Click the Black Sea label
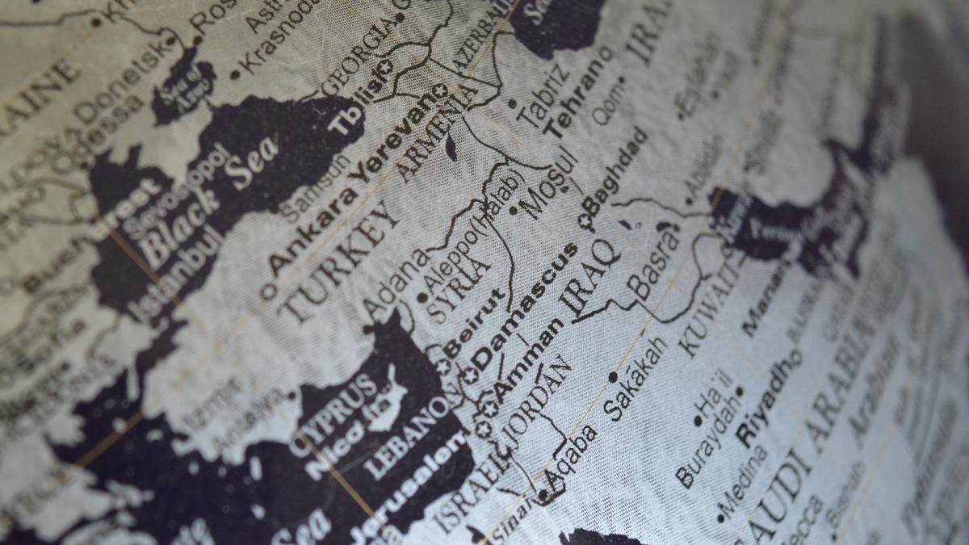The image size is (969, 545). tap(205, 203)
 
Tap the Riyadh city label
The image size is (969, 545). tap(770, 396)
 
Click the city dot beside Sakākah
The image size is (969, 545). tap(613, 376)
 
